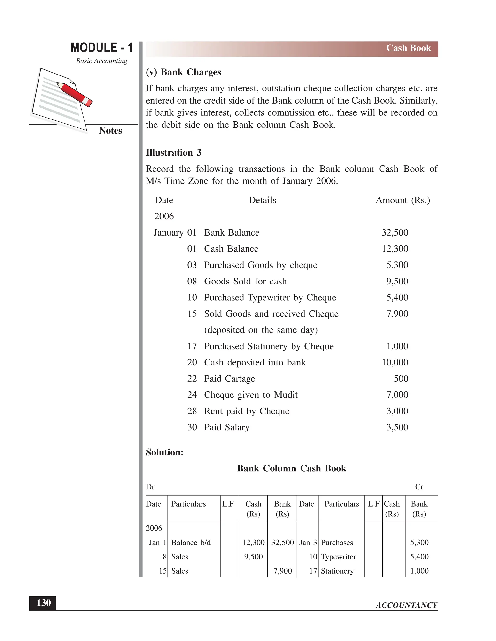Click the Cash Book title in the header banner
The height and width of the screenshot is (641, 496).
point(408,48)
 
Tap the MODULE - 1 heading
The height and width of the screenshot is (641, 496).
point(102,48)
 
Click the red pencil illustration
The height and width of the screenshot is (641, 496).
point(75,94)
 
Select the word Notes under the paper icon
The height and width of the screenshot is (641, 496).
point(110,131)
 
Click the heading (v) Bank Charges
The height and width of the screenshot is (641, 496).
point(183,72)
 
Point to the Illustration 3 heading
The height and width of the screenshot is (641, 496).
point(173,153)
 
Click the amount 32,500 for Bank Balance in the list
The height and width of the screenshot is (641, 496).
point(395,233)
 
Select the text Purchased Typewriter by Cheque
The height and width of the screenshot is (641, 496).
point(270,298)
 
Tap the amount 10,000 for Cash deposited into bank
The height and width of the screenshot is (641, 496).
point(395,363)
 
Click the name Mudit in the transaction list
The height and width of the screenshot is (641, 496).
point(286,395)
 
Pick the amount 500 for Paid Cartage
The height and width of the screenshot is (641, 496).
point(401,379)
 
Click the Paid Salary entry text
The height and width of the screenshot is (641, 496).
point(226,427)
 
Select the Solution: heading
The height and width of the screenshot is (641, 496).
point(164,452)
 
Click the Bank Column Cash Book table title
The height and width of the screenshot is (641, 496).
point(292,469)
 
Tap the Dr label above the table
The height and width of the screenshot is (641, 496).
point(150,487)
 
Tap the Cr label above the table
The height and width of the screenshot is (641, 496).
point(419,487)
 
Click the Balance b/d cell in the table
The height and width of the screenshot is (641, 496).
point(191,543)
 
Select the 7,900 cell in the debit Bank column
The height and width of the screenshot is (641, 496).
point(282,571)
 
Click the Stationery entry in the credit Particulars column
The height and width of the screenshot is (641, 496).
point(337,571)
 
